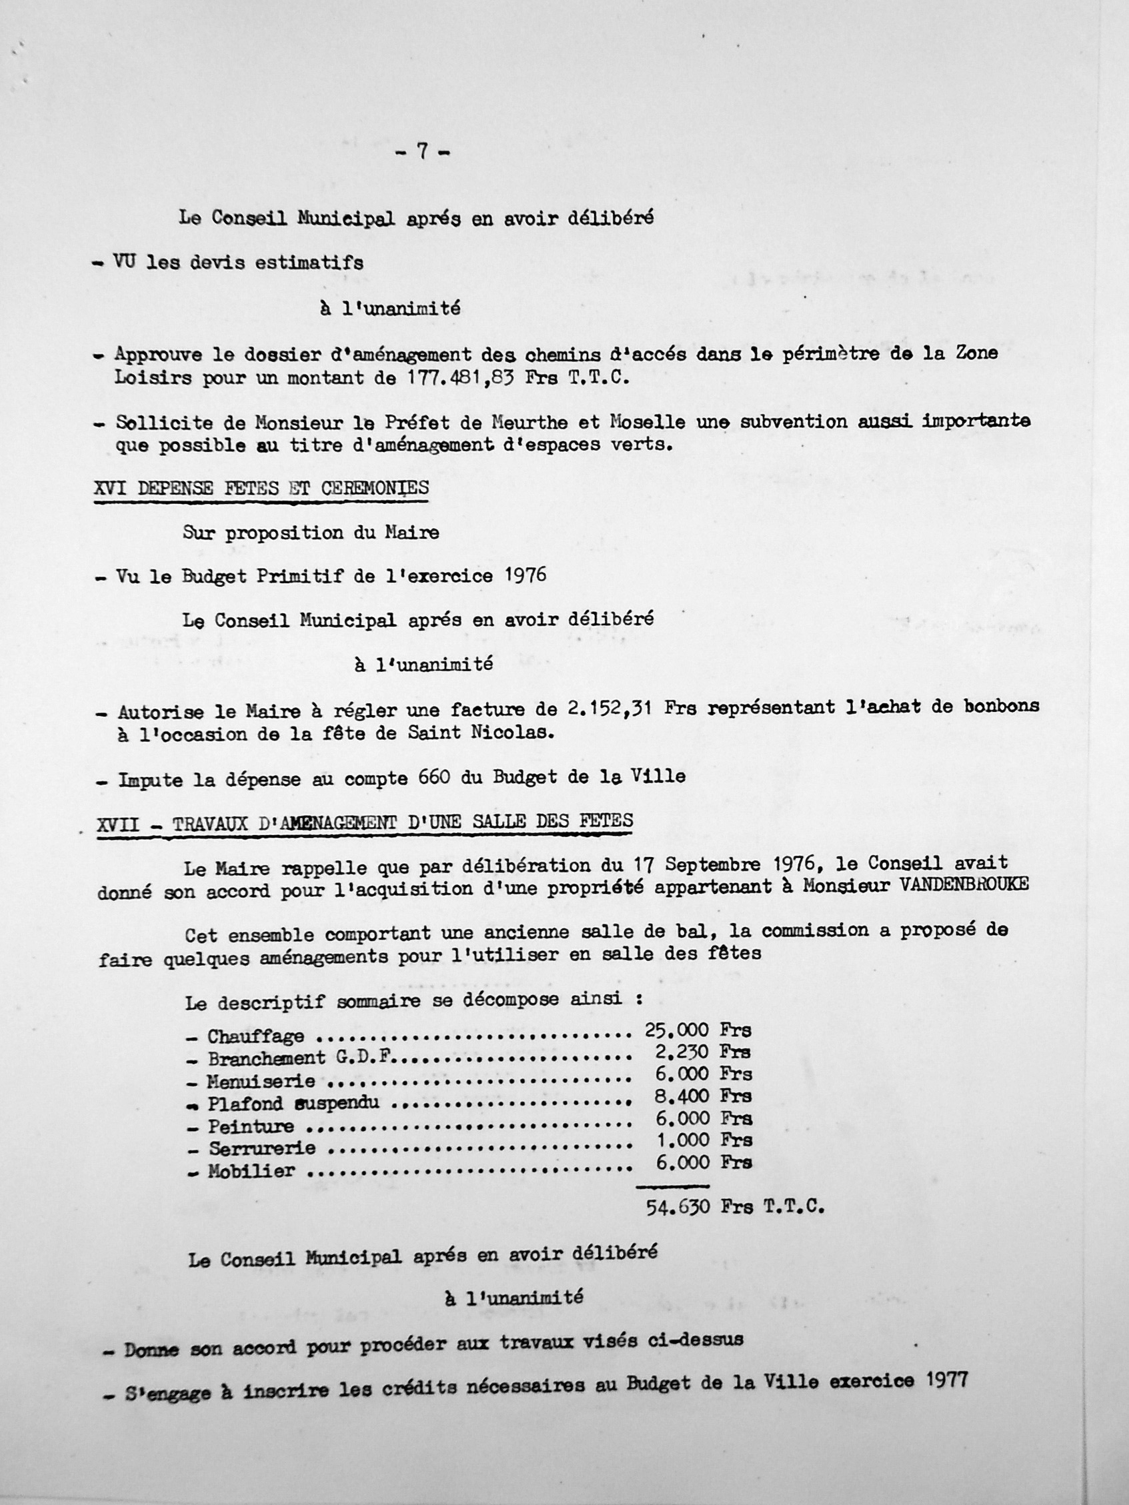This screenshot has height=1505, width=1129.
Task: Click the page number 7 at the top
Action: tap(422, 152)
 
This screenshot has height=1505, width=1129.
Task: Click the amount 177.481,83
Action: tap(461, 379)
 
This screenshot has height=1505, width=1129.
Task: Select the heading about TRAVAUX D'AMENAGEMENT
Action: tap(365, 822)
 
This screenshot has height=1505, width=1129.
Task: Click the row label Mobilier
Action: tap(251, 1171)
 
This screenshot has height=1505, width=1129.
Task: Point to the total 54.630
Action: tap(677, 1207)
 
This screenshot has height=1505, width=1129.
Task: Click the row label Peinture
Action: tap(251, 1126)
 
